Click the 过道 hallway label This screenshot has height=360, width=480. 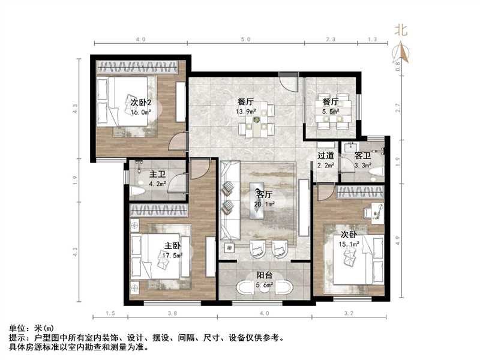[326, 157]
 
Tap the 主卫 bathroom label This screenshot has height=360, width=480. [157, 175]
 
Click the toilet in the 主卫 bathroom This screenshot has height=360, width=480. [137, 193]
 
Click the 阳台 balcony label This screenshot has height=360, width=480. [265, 276]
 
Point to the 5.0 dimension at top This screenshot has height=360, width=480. [245, 40]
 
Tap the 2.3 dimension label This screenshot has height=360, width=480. [330, 40]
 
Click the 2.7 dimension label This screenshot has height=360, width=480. [398, 109]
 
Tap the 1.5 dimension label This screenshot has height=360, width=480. [110, 314]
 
